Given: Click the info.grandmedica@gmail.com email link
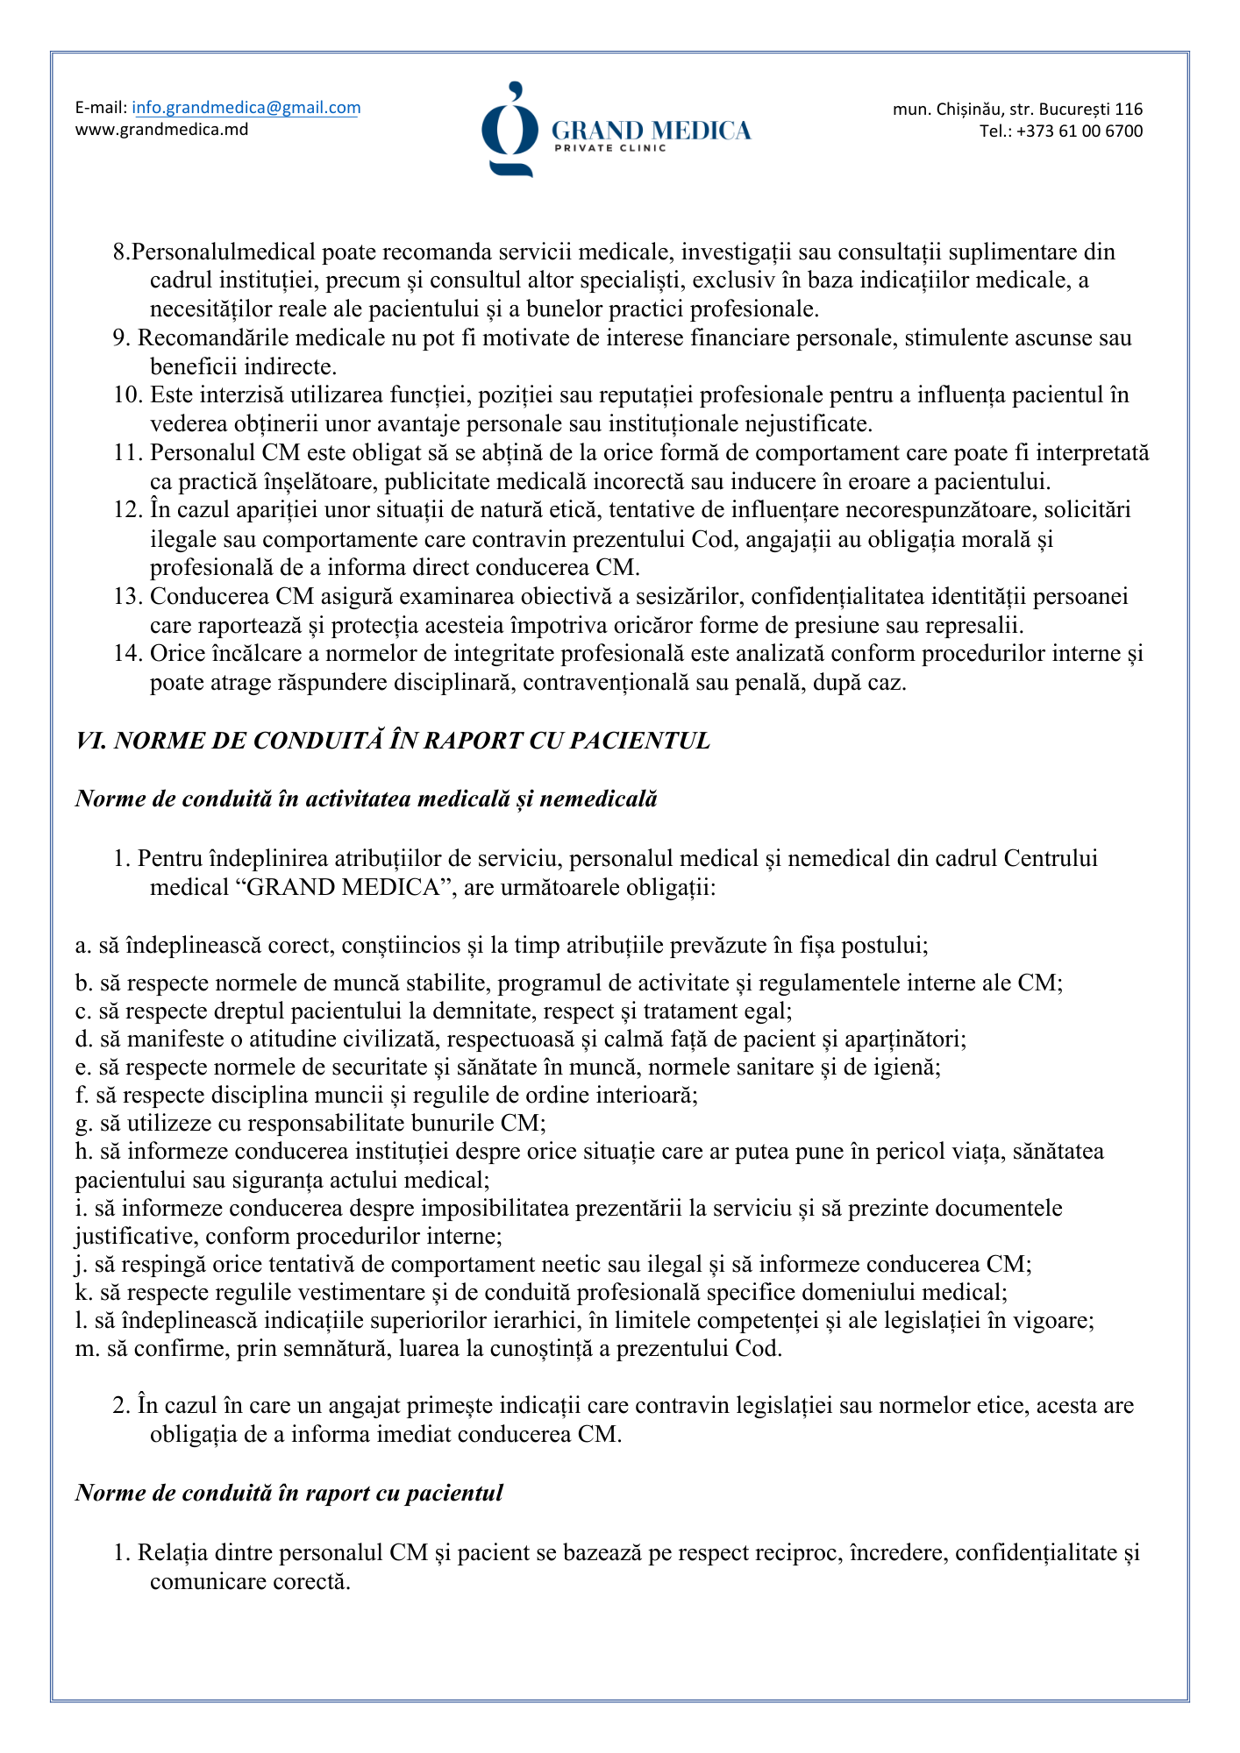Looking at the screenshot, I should click(x=246, y=108).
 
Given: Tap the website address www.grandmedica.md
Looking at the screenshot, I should click(x=161, y=130).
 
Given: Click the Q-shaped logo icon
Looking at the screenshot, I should click(x=510, y=130).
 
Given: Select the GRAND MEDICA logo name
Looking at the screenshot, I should click(x=651, y=131).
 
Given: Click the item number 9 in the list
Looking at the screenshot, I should click(x=121, y=338).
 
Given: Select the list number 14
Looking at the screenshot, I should click(x=127, y=654).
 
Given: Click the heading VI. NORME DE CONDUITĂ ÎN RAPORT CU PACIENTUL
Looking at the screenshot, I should click(x=393, y=741).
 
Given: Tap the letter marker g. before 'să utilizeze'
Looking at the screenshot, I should click(x=83, y=1124).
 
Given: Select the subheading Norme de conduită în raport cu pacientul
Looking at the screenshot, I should click(x=289, y=1493).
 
